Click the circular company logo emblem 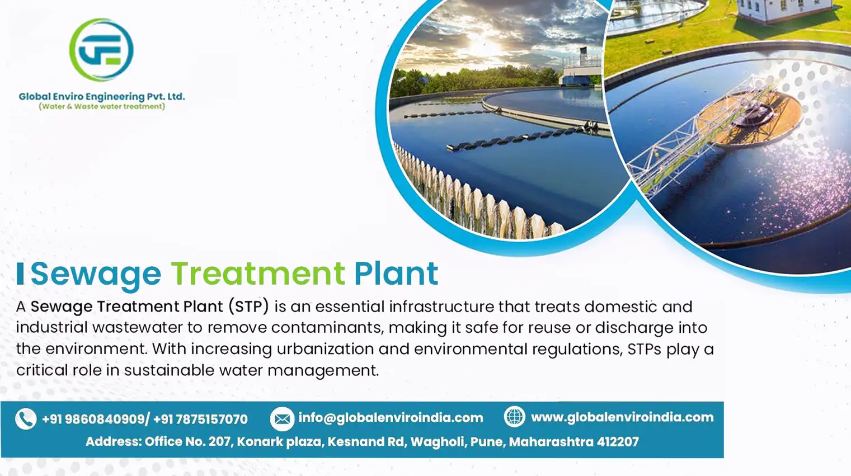(x=101, y=50)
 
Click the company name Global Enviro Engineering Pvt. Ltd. (x=102, y=97)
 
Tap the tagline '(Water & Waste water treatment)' (x=102, y=107)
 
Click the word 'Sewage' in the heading (x=96, y=275)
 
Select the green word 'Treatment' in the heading (x=258, y=273)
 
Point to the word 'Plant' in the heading (x=396, y=273)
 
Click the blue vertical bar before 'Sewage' (x=20, y=274)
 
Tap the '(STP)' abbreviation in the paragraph (x=249, y=307)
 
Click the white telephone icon (x=26, y=419)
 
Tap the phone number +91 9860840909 (x=93, y=419)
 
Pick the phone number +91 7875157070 (x=200, y=419)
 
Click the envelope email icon (x=282, y=419)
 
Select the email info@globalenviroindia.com (x=391, y=418)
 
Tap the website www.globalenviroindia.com (x=622, y=417)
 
